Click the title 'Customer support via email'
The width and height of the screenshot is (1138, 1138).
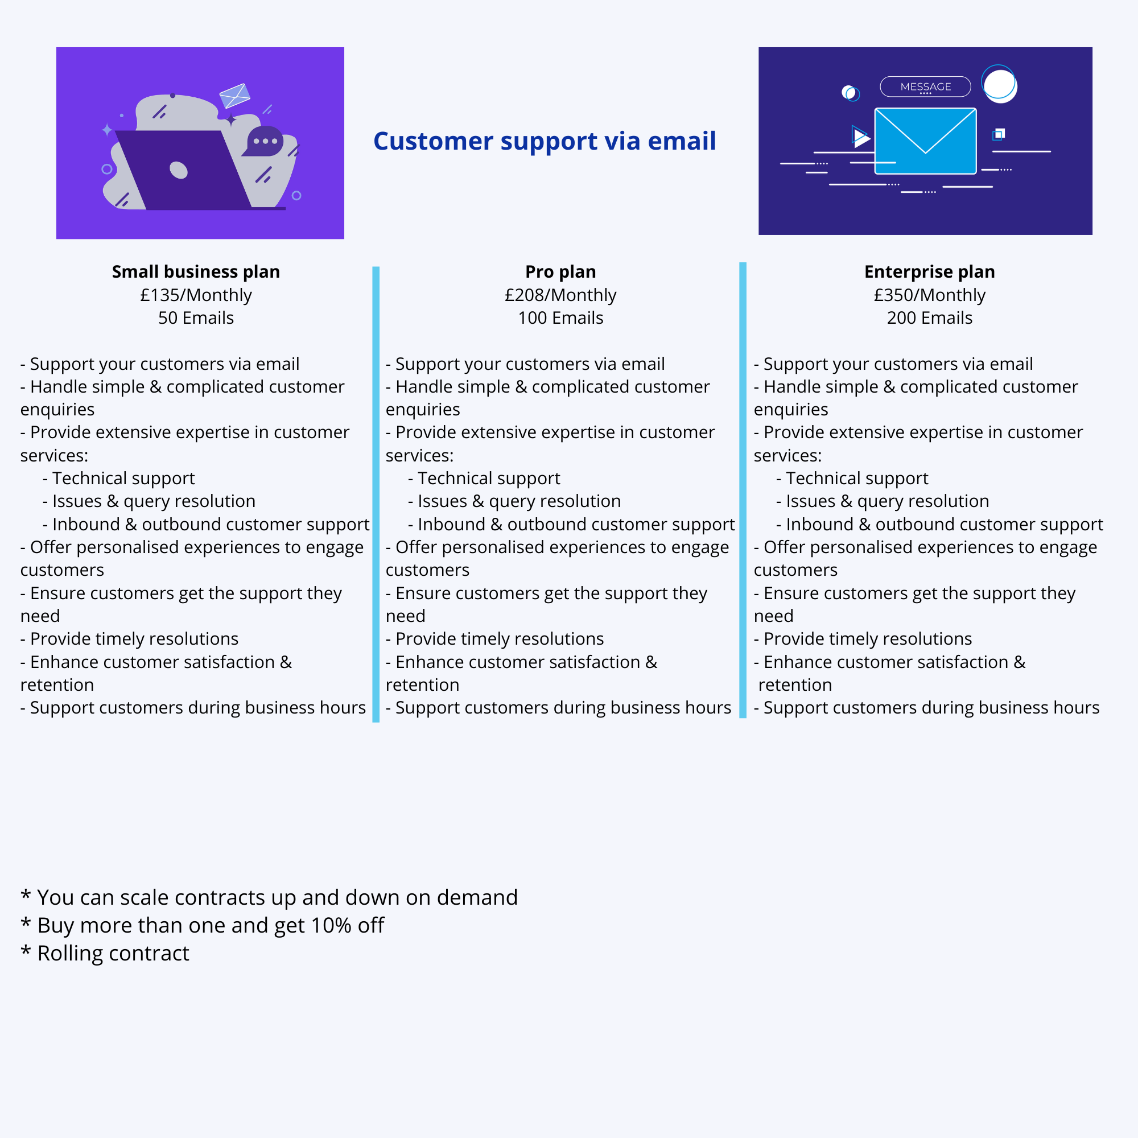click(545, 141)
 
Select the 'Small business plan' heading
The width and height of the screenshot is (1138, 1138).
click(196, 271)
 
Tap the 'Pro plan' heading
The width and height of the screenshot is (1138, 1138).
click(560, 271)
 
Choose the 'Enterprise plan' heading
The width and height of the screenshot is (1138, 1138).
click(930, 271)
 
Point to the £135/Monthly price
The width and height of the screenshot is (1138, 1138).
click(196, 295)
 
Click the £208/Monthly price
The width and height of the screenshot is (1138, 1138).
click(560, 295)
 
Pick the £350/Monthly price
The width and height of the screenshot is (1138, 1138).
click(930, 295)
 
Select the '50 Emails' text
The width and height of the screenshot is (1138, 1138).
click(196, 318)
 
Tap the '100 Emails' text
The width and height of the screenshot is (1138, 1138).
click(560, 318)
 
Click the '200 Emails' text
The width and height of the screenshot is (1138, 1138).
click(930, 318)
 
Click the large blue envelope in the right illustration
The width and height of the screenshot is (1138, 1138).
click(925, 141)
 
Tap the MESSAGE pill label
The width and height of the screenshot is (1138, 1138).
click(925, 86)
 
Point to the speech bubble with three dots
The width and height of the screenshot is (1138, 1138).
click(263, 141)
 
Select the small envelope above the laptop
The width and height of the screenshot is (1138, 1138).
click(234, 96)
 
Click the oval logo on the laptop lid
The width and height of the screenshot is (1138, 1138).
click(179, 170)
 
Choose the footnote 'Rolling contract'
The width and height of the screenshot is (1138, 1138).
click(113, 953)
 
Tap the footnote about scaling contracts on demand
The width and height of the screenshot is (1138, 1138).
click(269, 898)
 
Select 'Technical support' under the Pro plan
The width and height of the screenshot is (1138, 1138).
click(488, 479)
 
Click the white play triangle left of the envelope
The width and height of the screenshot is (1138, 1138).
click(860, 137)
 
